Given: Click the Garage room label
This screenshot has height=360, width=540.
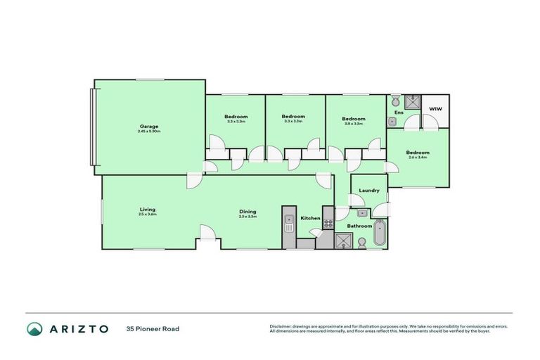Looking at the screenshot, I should pos(148,126).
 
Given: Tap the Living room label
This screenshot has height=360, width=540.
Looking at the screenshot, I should pos(147,209).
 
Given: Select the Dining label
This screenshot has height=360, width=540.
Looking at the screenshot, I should pos(247,211).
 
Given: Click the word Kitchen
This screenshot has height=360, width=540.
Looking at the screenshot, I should pos(310,219).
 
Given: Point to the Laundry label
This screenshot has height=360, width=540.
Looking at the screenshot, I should pos(369,191).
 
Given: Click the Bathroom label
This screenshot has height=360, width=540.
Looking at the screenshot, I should pos(359,226).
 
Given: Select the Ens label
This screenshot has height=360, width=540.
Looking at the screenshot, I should pos(399,112).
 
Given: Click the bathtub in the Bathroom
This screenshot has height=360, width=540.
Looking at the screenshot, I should pos(380,233).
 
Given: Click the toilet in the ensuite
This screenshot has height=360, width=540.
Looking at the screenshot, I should pos(396,99).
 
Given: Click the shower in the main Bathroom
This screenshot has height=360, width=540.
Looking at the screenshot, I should pos(343,240).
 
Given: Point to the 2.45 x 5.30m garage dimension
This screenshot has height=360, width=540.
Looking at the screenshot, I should pos(150,131).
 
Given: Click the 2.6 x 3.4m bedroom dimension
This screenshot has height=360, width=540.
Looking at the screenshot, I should pos(417,157).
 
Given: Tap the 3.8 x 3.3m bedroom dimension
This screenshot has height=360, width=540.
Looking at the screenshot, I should pos(354,123).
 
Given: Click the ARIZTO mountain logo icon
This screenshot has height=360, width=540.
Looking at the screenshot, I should pos(34,328).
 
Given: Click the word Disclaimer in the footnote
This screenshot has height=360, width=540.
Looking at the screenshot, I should pos(281,326).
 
